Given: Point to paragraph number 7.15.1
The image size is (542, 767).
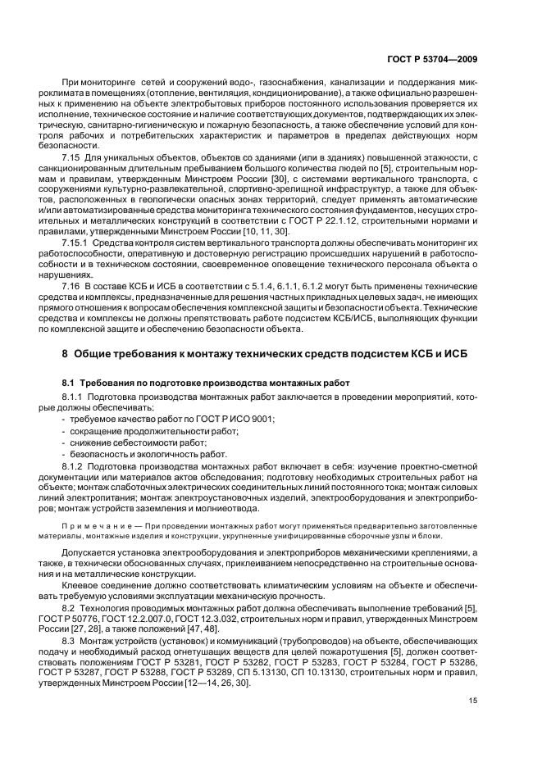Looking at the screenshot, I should coord(102,243).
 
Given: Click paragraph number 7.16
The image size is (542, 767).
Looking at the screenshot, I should coord(97,283).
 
